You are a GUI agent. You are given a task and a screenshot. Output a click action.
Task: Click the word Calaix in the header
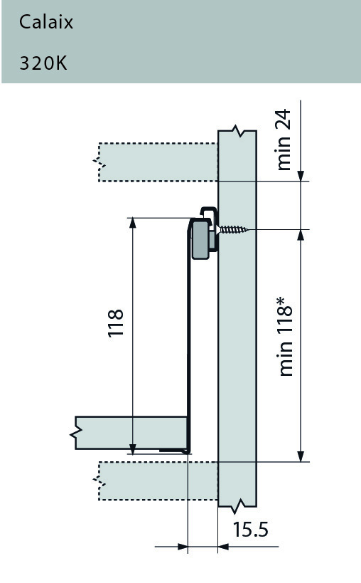click(46, 22)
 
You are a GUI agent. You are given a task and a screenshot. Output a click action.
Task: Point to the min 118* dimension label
click(286, 337)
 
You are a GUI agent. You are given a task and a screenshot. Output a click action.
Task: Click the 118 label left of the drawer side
click(116, 322)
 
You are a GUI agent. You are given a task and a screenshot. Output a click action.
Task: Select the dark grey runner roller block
click(201, 238)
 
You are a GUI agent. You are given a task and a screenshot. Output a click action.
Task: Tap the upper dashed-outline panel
click(156, 162)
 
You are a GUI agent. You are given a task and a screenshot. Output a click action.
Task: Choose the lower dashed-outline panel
click(156, 480)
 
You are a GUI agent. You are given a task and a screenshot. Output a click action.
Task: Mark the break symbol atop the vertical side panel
click(236, 133)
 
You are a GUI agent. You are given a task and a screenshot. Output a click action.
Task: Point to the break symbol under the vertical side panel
click(236, 506)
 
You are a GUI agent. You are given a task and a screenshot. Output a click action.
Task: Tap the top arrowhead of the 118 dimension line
click(132, 223)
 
